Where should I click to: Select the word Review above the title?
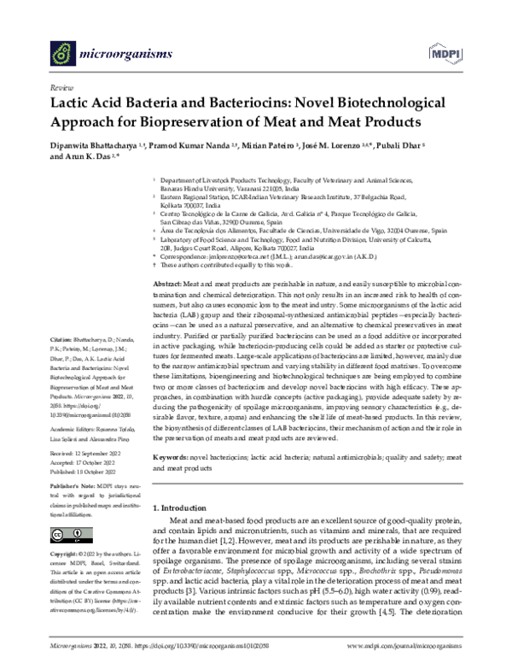(x=61, y=87)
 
